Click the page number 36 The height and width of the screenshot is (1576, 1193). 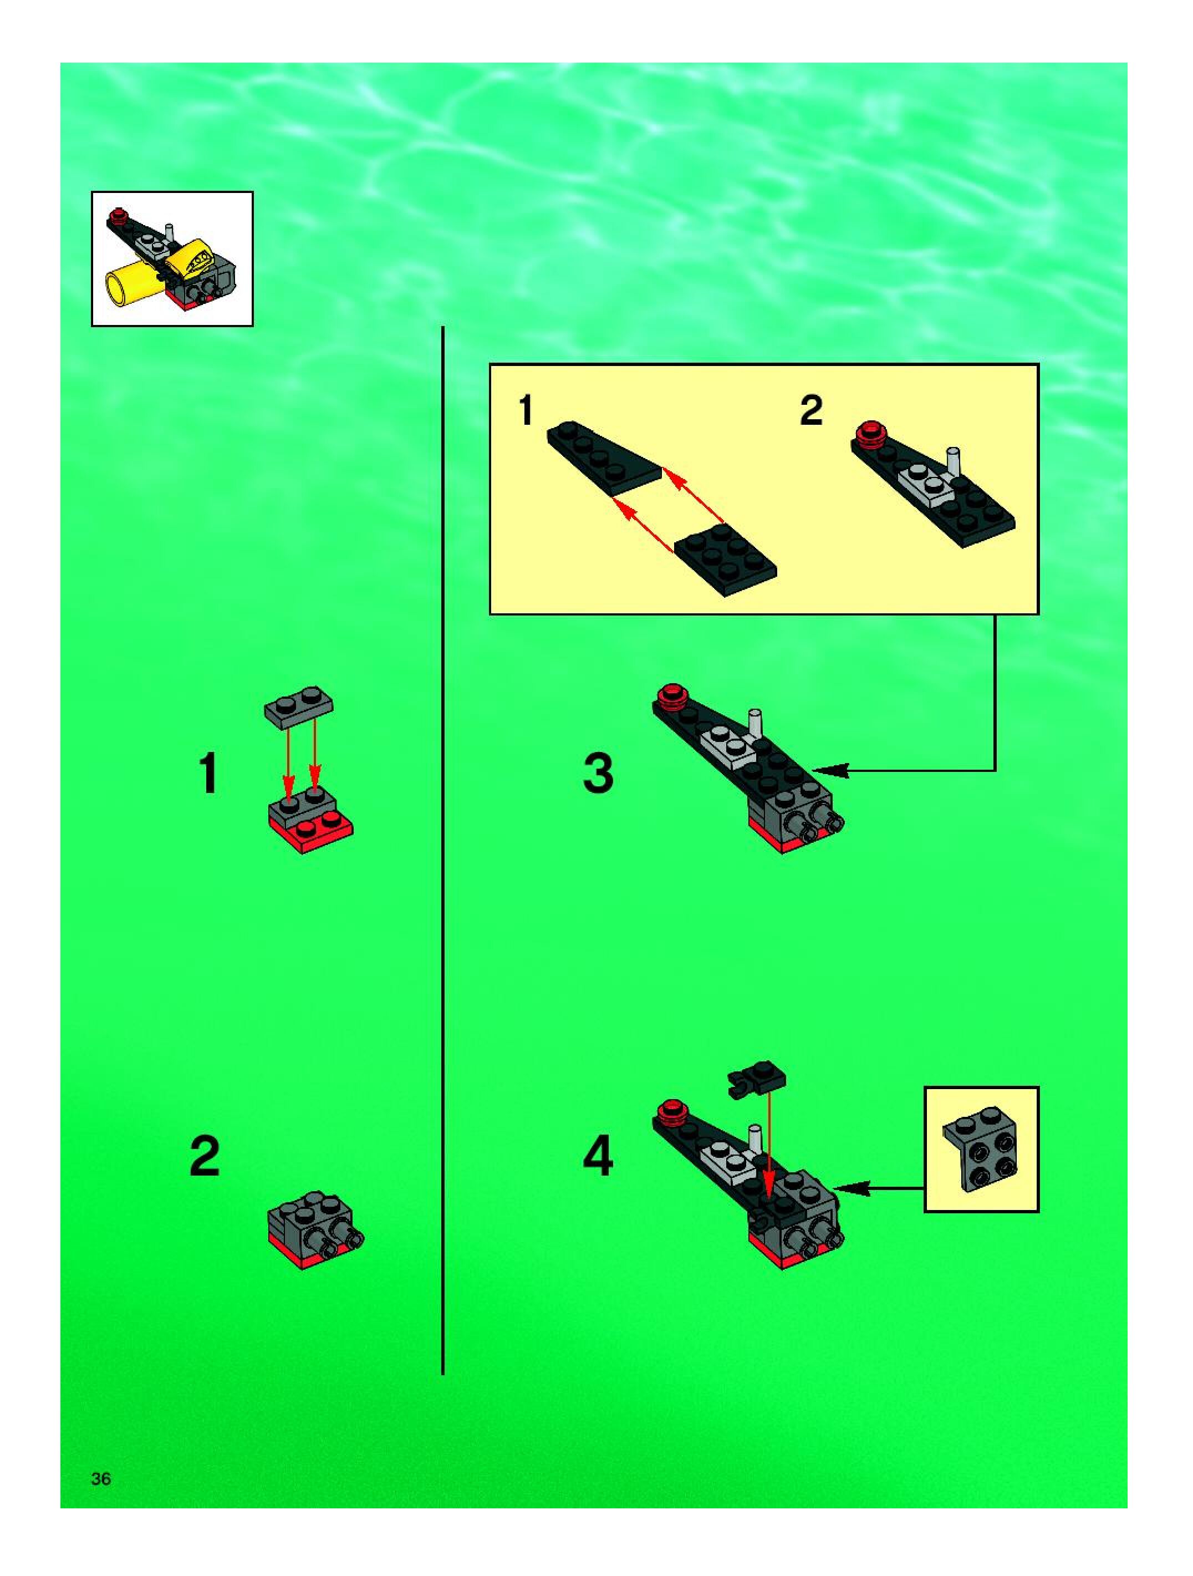click(x=101, y=1479)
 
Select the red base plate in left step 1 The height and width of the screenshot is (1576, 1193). click(x=310, y=831)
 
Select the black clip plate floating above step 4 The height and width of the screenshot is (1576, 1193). click(x=756, y=1079)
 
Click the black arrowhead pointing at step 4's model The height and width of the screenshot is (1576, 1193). click(x=851, y=1188)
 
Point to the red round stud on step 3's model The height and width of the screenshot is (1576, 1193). click(x=671, y=695)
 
